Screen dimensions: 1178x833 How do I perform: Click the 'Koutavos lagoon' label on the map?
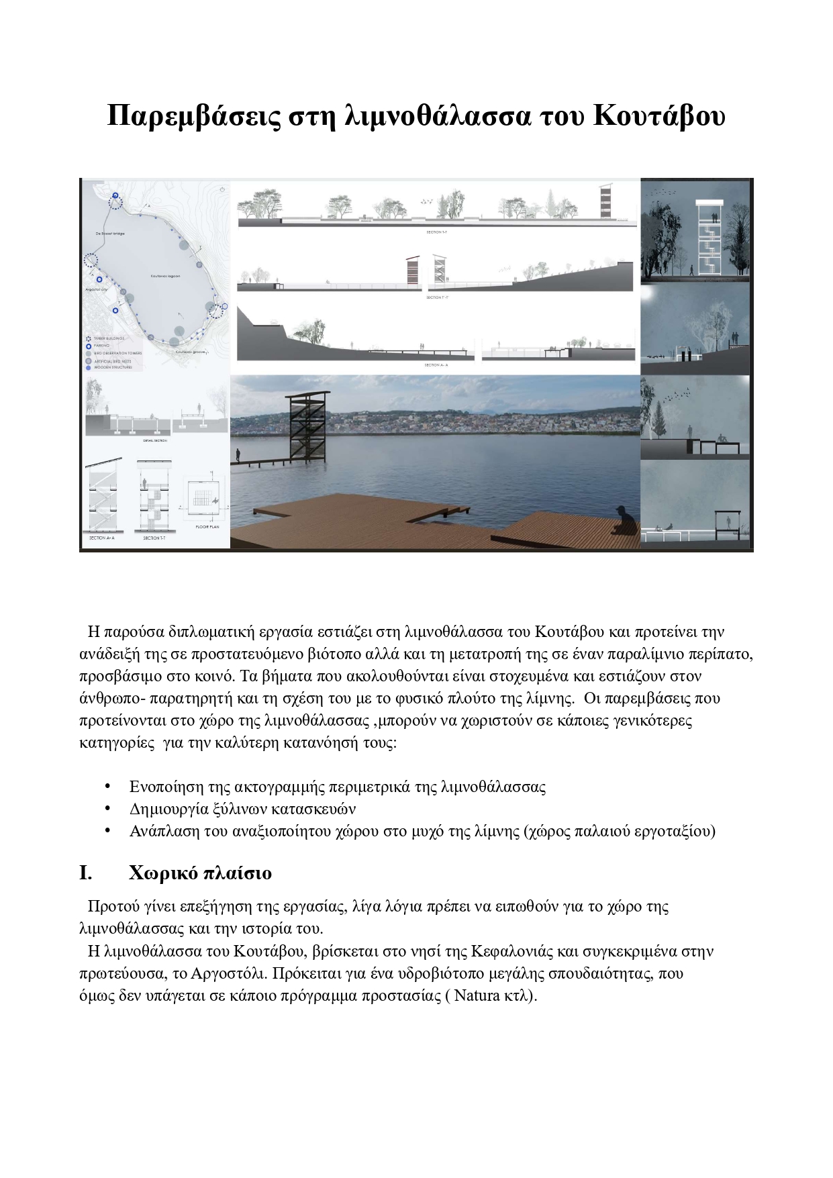165,276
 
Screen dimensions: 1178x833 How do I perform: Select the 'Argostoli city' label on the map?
97,289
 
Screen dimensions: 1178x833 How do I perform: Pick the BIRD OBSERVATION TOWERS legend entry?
117,353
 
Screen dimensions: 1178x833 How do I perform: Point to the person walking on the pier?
238,455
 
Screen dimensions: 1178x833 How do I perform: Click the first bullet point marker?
107,786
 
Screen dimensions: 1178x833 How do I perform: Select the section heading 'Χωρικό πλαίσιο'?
200,873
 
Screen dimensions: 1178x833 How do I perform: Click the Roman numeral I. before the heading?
85,873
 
